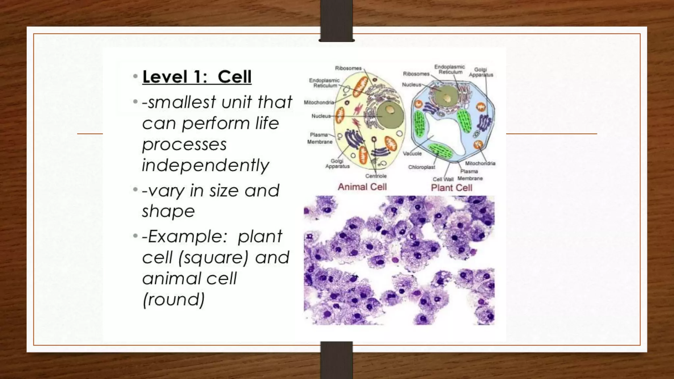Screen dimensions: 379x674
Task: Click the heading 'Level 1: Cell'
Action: [x=197, y=77]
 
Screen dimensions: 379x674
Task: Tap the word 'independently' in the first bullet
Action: [x=205, y=165]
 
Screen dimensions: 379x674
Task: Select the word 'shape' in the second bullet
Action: [x=168, y=211]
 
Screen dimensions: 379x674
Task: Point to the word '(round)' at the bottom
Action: [x=173, y=299]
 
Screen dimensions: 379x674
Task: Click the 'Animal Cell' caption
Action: [x=362, y=187]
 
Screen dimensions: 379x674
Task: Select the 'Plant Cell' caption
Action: [x=451, y=188]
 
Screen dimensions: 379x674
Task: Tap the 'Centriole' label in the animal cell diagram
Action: [x=376, y=176]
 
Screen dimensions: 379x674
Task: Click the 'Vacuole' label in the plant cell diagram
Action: [x=412, y=154]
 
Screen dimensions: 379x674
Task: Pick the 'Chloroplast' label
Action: [x=422, y=167]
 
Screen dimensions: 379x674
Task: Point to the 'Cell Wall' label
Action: [x=443, y=179]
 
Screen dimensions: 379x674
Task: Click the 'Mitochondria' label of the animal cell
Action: [x=319, y=102]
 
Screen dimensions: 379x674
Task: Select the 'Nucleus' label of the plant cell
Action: [x=411, y=85]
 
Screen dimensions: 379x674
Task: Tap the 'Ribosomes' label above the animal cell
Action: [x=348, y=68]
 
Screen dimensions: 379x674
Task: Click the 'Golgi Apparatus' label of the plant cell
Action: [x=481, y=72]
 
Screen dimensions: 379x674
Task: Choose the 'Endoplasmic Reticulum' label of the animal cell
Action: [x=324, y=83]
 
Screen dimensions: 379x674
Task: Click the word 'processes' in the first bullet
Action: [x=184, y=145]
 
